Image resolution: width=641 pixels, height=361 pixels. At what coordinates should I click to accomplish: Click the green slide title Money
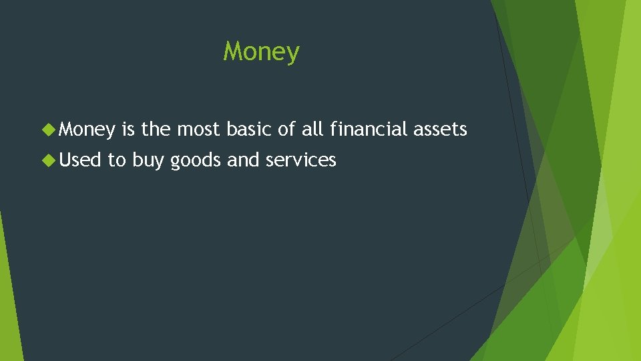261,52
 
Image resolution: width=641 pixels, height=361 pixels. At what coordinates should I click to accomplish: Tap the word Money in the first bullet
86,130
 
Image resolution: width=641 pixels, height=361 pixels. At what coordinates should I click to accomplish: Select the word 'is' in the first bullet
129,129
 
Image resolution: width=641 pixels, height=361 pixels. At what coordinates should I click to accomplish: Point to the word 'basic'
248,129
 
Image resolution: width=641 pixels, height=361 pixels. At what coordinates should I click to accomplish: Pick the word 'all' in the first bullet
312,129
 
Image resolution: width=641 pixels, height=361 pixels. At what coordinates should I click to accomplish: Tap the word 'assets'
440,130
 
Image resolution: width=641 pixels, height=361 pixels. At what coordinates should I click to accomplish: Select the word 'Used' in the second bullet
79,160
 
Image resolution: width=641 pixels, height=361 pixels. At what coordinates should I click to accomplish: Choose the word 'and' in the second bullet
241,160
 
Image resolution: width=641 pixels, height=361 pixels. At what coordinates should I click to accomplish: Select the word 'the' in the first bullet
156,129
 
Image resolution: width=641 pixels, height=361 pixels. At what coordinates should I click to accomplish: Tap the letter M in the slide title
232,51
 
